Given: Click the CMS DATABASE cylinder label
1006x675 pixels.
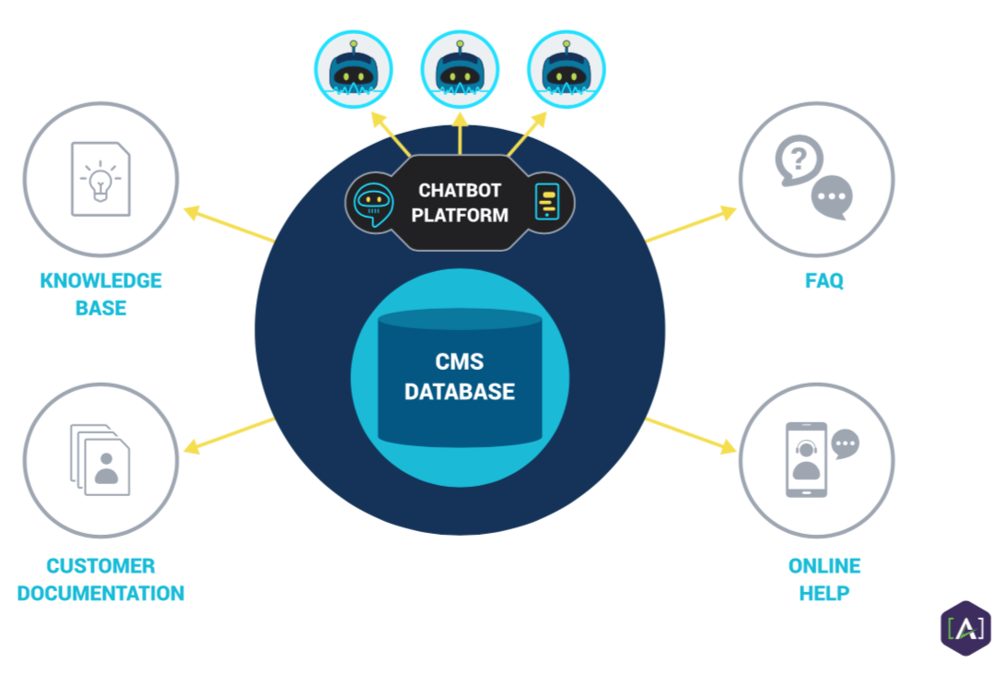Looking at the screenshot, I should coord(460,376).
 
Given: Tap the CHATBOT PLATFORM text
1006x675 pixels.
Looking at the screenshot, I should coord(460,203).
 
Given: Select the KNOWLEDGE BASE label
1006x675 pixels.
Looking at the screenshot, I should coord(100,294).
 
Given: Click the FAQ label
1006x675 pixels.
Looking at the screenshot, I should coord(824,280).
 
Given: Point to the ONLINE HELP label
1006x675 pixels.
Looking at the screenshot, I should coord(824,579).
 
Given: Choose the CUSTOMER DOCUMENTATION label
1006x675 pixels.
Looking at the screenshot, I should coord(100,579).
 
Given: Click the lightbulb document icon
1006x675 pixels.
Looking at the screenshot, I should coord(100,179).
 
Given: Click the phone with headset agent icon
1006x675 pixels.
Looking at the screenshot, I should coord(806,459).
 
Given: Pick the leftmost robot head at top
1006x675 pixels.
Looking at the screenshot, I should coord(354,70).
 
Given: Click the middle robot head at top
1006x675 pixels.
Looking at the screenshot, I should coord(460,70).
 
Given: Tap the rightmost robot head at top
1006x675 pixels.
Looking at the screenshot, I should coord(566,70).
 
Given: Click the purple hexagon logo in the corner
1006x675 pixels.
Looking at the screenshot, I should coord(965,628).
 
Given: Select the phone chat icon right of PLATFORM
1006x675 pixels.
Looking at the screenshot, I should coord(547,201).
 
